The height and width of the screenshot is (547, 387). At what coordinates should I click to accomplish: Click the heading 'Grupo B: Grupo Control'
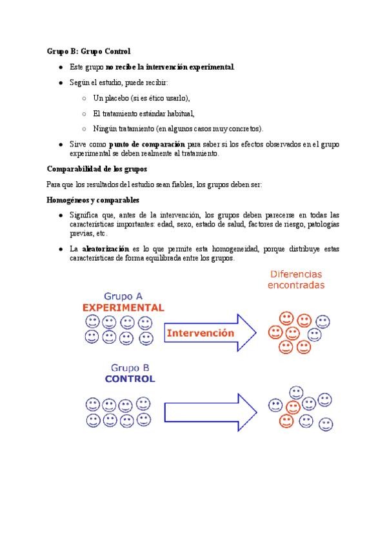(x=88, y=51)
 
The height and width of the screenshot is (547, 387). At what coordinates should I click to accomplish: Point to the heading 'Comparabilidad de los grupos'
(x=97, y=169)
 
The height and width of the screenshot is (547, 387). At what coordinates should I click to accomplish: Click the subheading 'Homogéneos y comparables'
(x=93, y=200)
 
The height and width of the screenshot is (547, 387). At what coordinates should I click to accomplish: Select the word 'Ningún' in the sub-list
(x=104, y=128)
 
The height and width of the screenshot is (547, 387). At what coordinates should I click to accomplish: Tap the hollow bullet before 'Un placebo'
(x=84, y=98)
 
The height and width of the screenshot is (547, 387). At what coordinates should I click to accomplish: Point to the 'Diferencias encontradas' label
(x=296, y=280)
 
